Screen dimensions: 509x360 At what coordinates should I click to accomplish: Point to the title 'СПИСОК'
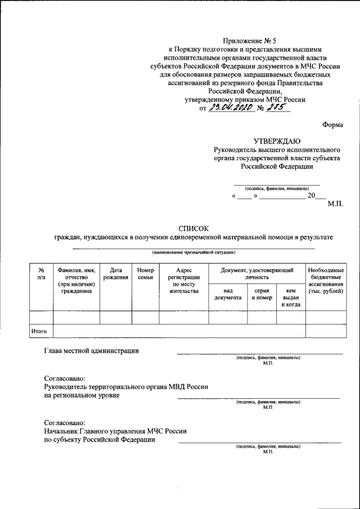click(193, 228)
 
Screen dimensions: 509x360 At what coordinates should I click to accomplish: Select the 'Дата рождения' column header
click(115, 274)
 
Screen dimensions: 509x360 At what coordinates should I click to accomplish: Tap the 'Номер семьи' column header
click(145, 274)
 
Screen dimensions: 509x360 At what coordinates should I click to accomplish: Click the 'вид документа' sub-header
click(228, 294)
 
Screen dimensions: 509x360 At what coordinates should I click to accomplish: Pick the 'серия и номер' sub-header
click(262, 294)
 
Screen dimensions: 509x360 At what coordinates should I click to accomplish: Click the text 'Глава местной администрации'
click(91, 352)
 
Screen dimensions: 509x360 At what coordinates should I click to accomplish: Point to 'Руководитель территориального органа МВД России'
click(126, 387)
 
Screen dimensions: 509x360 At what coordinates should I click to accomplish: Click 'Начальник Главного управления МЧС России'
click(115, 431)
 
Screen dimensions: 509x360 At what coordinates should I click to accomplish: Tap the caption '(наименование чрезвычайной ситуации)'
click(193, 252)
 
